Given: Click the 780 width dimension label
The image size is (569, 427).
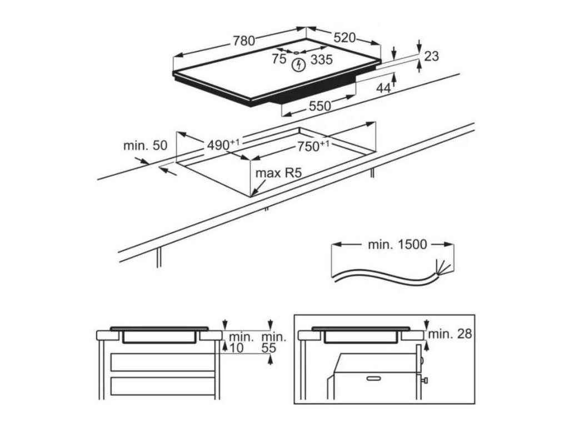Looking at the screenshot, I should [x=243, y=41].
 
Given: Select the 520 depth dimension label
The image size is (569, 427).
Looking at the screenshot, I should [x=344, y=38].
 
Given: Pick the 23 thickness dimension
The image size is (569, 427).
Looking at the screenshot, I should [x=431, y=56].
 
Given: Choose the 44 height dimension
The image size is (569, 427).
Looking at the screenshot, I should [x=383, y=88].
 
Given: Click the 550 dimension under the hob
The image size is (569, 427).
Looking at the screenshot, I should [x=320, y=106].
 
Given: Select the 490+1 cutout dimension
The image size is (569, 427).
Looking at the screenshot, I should [x=223, y=145].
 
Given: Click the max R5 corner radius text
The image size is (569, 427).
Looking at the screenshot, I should [x=278, y=173].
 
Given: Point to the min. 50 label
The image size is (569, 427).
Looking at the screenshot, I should [x=146, y=146].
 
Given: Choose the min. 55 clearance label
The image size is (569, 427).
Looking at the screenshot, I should [x=274, y=342].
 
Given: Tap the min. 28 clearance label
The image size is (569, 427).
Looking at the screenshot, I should [x=450, y=334].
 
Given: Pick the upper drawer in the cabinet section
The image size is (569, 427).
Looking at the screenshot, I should [x=162, y=361].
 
